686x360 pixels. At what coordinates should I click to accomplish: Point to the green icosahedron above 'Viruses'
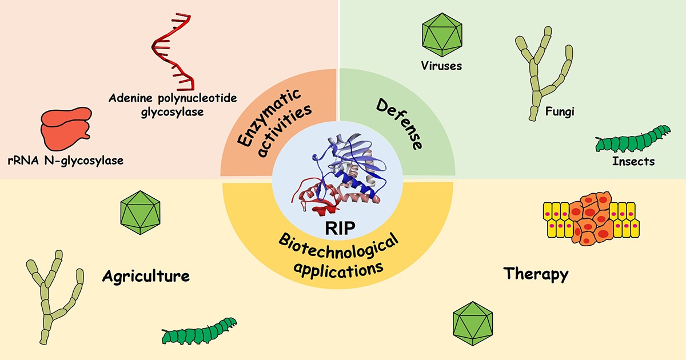tap(440, 34)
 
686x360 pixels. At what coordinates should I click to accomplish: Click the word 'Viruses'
tap(440, 66)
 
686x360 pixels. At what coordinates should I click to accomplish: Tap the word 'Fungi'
tap(559, 111)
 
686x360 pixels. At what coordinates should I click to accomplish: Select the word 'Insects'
tap(633, 162)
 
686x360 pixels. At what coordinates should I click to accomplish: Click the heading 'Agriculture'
tap(146, 277)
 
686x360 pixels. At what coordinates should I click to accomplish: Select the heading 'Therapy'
tap(536, 274)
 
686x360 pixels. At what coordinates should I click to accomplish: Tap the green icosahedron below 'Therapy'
tap(473, 323)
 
